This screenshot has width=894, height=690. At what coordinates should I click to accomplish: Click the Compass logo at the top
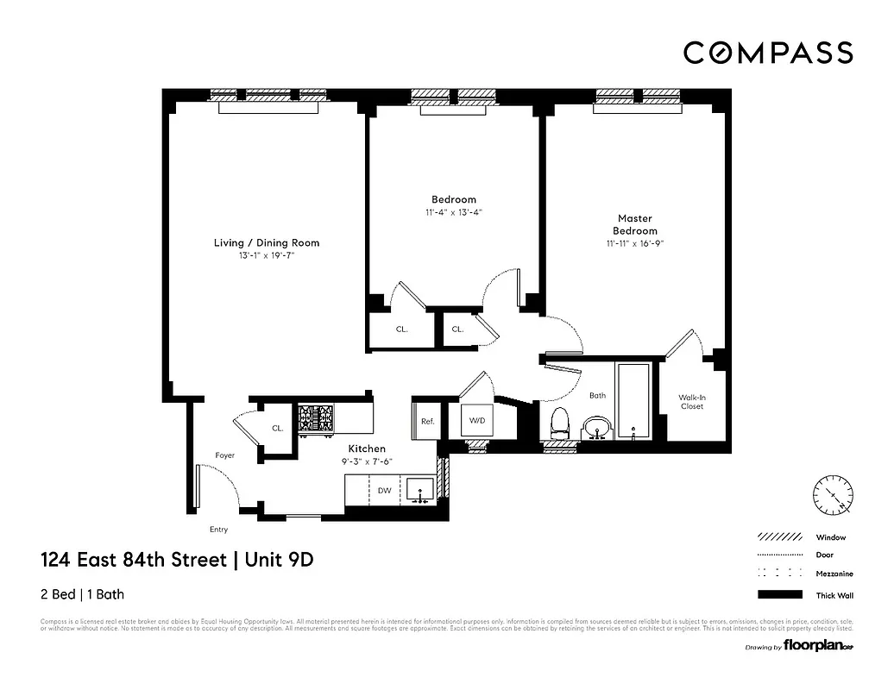(x=768, y=53)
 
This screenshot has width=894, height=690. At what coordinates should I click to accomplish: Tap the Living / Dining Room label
(x=267, y=243)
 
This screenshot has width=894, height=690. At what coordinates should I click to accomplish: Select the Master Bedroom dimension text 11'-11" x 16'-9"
(x=635, y=244)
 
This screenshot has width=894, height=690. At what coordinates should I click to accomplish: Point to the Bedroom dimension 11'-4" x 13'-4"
(x=454, y=212)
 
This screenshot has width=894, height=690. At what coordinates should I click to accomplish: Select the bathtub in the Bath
(x=634, y=401)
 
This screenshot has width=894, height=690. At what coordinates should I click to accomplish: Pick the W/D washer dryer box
(x=476, y=421)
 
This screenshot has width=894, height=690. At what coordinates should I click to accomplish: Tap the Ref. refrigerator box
(x=426, y=422)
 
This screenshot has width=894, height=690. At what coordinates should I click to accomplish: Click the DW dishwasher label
(x=385, y=491)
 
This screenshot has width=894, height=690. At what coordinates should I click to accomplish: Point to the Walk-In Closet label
(x=691, y=401)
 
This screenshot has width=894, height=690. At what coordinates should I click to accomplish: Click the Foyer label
(x=225, y=455)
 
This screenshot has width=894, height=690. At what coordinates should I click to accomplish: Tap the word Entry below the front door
(x=218, y=530)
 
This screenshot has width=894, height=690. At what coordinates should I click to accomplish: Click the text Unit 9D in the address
(x=279, y=560)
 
